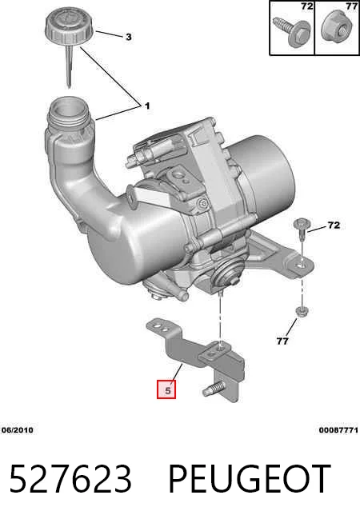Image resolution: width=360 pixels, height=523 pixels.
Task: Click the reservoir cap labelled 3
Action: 70,29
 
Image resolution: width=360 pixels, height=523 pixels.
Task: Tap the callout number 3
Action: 129,37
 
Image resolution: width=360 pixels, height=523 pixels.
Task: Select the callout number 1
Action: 147,106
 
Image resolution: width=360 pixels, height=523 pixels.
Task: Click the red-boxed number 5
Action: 166,389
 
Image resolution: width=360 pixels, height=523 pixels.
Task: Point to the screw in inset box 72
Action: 292,31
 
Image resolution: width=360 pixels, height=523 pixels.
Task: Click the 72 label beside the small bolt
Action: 334,226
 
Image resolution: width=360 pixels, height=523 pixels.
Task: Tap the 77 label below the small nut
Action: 282,341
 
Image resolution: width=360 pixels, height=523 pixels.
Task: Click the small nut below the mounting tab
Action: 302,312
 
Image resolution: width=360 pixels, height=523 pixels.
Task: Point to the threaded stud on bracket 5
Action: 213,389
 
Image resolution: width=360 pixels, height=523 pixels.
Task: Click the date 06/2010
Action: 18,430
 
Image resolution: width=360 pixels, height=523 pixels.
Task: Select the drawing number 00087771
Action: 338,430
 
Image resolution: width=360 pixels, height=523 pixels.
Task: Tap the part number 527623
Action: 70,479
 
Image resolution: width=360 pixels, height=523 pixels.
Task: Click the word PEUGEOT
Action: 250,479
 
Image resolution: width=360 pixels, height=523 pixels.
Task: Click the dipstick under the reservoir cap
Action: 69,66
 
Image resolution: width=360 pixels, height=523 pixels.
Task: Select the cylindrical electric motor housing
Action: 263,174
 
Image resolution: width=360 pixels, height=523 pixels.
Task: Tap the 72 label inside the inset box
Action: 307,6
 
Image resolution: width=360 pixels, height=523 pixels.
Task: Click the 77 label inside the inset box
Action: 352,6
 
